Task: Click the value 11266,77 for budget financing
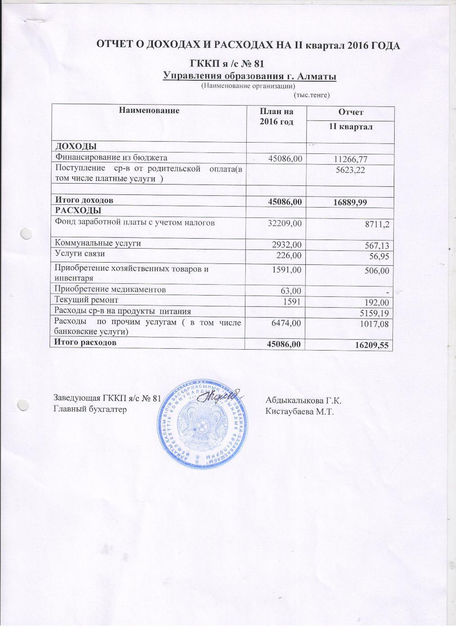pos(351,158)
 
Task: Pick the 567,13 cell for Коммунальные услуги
pos(374,245)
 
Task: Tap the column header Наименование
pos(149,110)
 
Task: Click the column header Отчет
pos(350,112)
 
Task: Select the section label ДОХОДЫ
pos(75,146)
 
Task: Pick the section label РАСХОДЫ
pos(78,210)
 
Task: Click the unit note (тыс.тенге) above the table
pos(312,95)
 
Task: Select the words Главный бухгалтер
pos(90,409)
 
